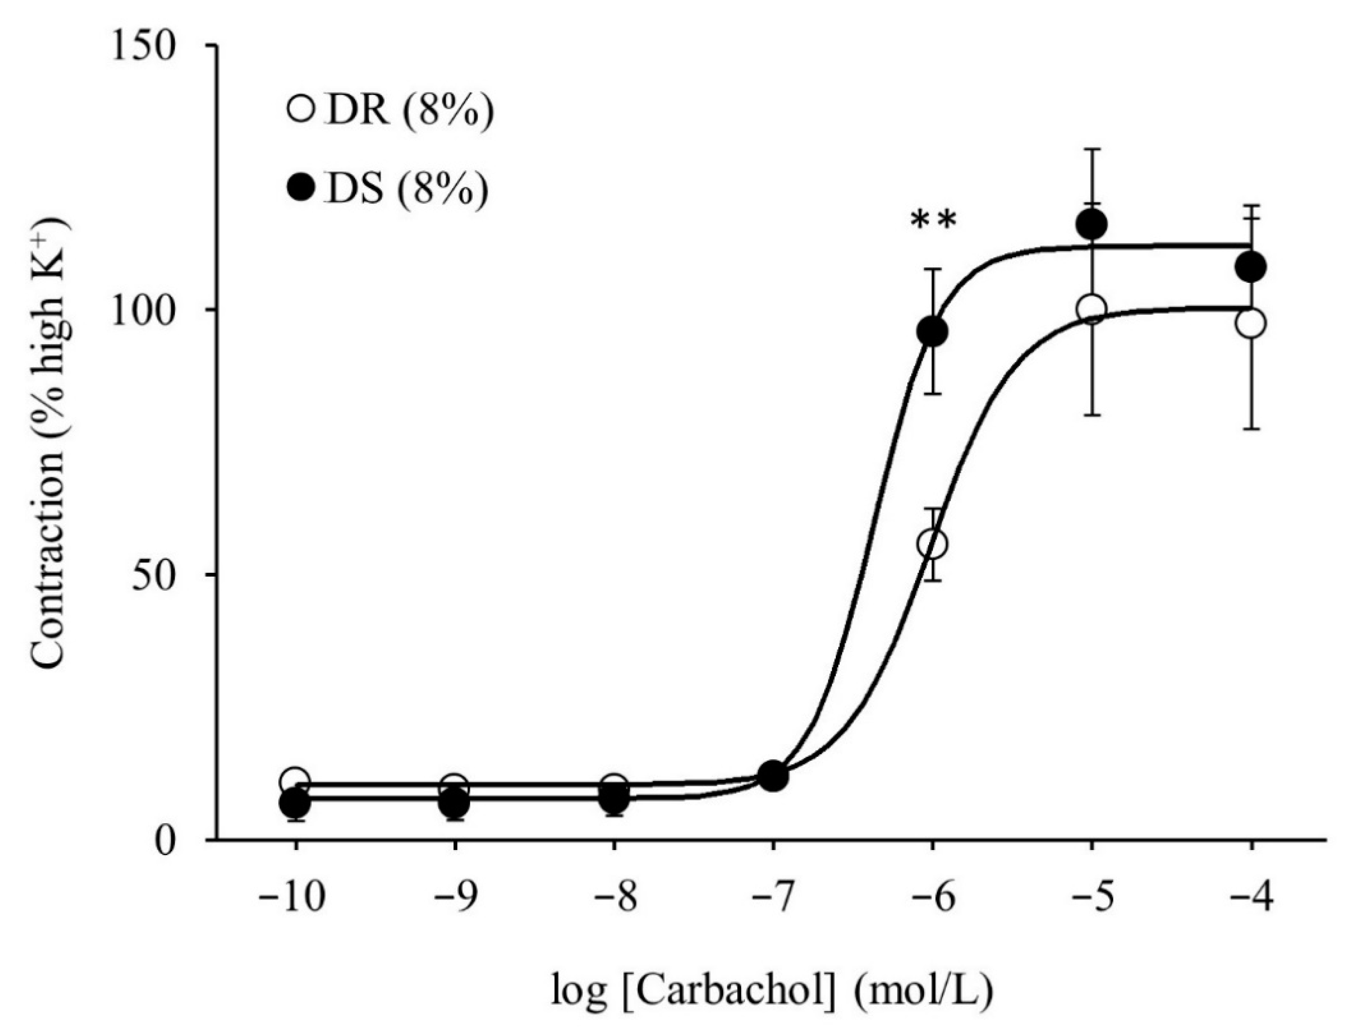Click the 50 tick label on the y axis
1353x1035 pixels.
(155, 574)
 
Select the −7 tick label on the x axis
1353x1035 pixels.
(772, 899)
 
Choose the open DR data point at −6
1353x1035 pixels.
(932, 544)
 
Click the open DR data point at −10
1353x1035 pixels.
(295, 780)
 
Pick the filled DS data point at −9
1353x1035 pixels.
(454, 803)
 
